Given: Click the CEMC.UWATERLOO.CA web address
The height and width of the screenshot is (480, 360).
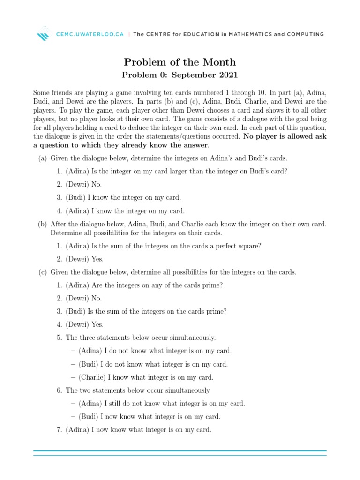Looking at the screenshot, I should (90, 34).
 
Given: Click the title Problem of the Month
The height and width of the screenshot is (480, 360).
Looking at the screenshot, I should (180, 62).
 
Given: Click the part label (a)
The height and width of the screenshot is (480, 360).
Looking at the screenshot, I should (43, 158).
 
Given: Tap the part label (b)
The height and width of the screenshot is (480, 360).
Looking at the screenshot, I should (43, 224).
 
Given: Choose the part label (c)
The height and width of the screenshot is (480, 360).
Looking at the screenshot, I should (43, 272).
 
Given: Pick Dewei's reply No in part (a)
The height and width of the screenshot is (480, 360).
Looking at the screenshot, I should (97, 184).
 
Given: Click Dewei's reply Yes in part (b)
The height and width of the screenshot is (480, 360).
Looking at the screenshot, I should (97, 259).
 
